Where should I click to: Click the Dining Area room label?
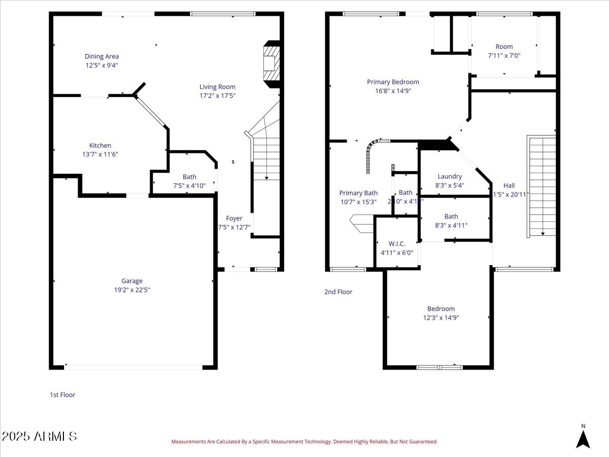pos(101,56)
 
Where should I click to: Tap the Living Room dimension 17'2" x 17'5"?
pos(217,95)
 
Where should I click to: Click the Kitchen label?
pos(100,145)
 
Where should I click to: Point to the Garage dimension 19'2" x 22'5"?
pos(131,290)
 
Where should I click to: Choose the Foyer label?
pos(234,218)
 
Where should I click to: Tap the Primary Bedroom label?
pos(393,82)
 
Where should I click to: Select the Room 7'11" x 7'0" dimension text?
pos(504,56)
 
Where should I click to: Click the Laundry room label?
pos(450,176)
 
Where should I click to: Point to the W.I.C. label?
pos(396,243)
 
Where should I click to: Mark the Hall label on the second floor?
pos(509,185)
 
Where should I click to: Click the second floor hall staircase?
pos(542,185)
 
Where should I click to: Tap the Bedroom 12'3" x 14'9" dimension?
pos(441,318)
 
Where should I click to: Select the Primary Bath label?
pos(358,193)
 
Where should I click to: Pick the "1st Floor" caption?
pos(62,395)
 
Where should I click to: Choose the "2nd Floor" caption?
pos(338,292)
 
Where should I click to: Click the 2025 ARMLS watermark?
pos(40,436)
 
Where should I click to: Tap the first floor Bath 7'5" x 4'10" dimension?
pos(189,186)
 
